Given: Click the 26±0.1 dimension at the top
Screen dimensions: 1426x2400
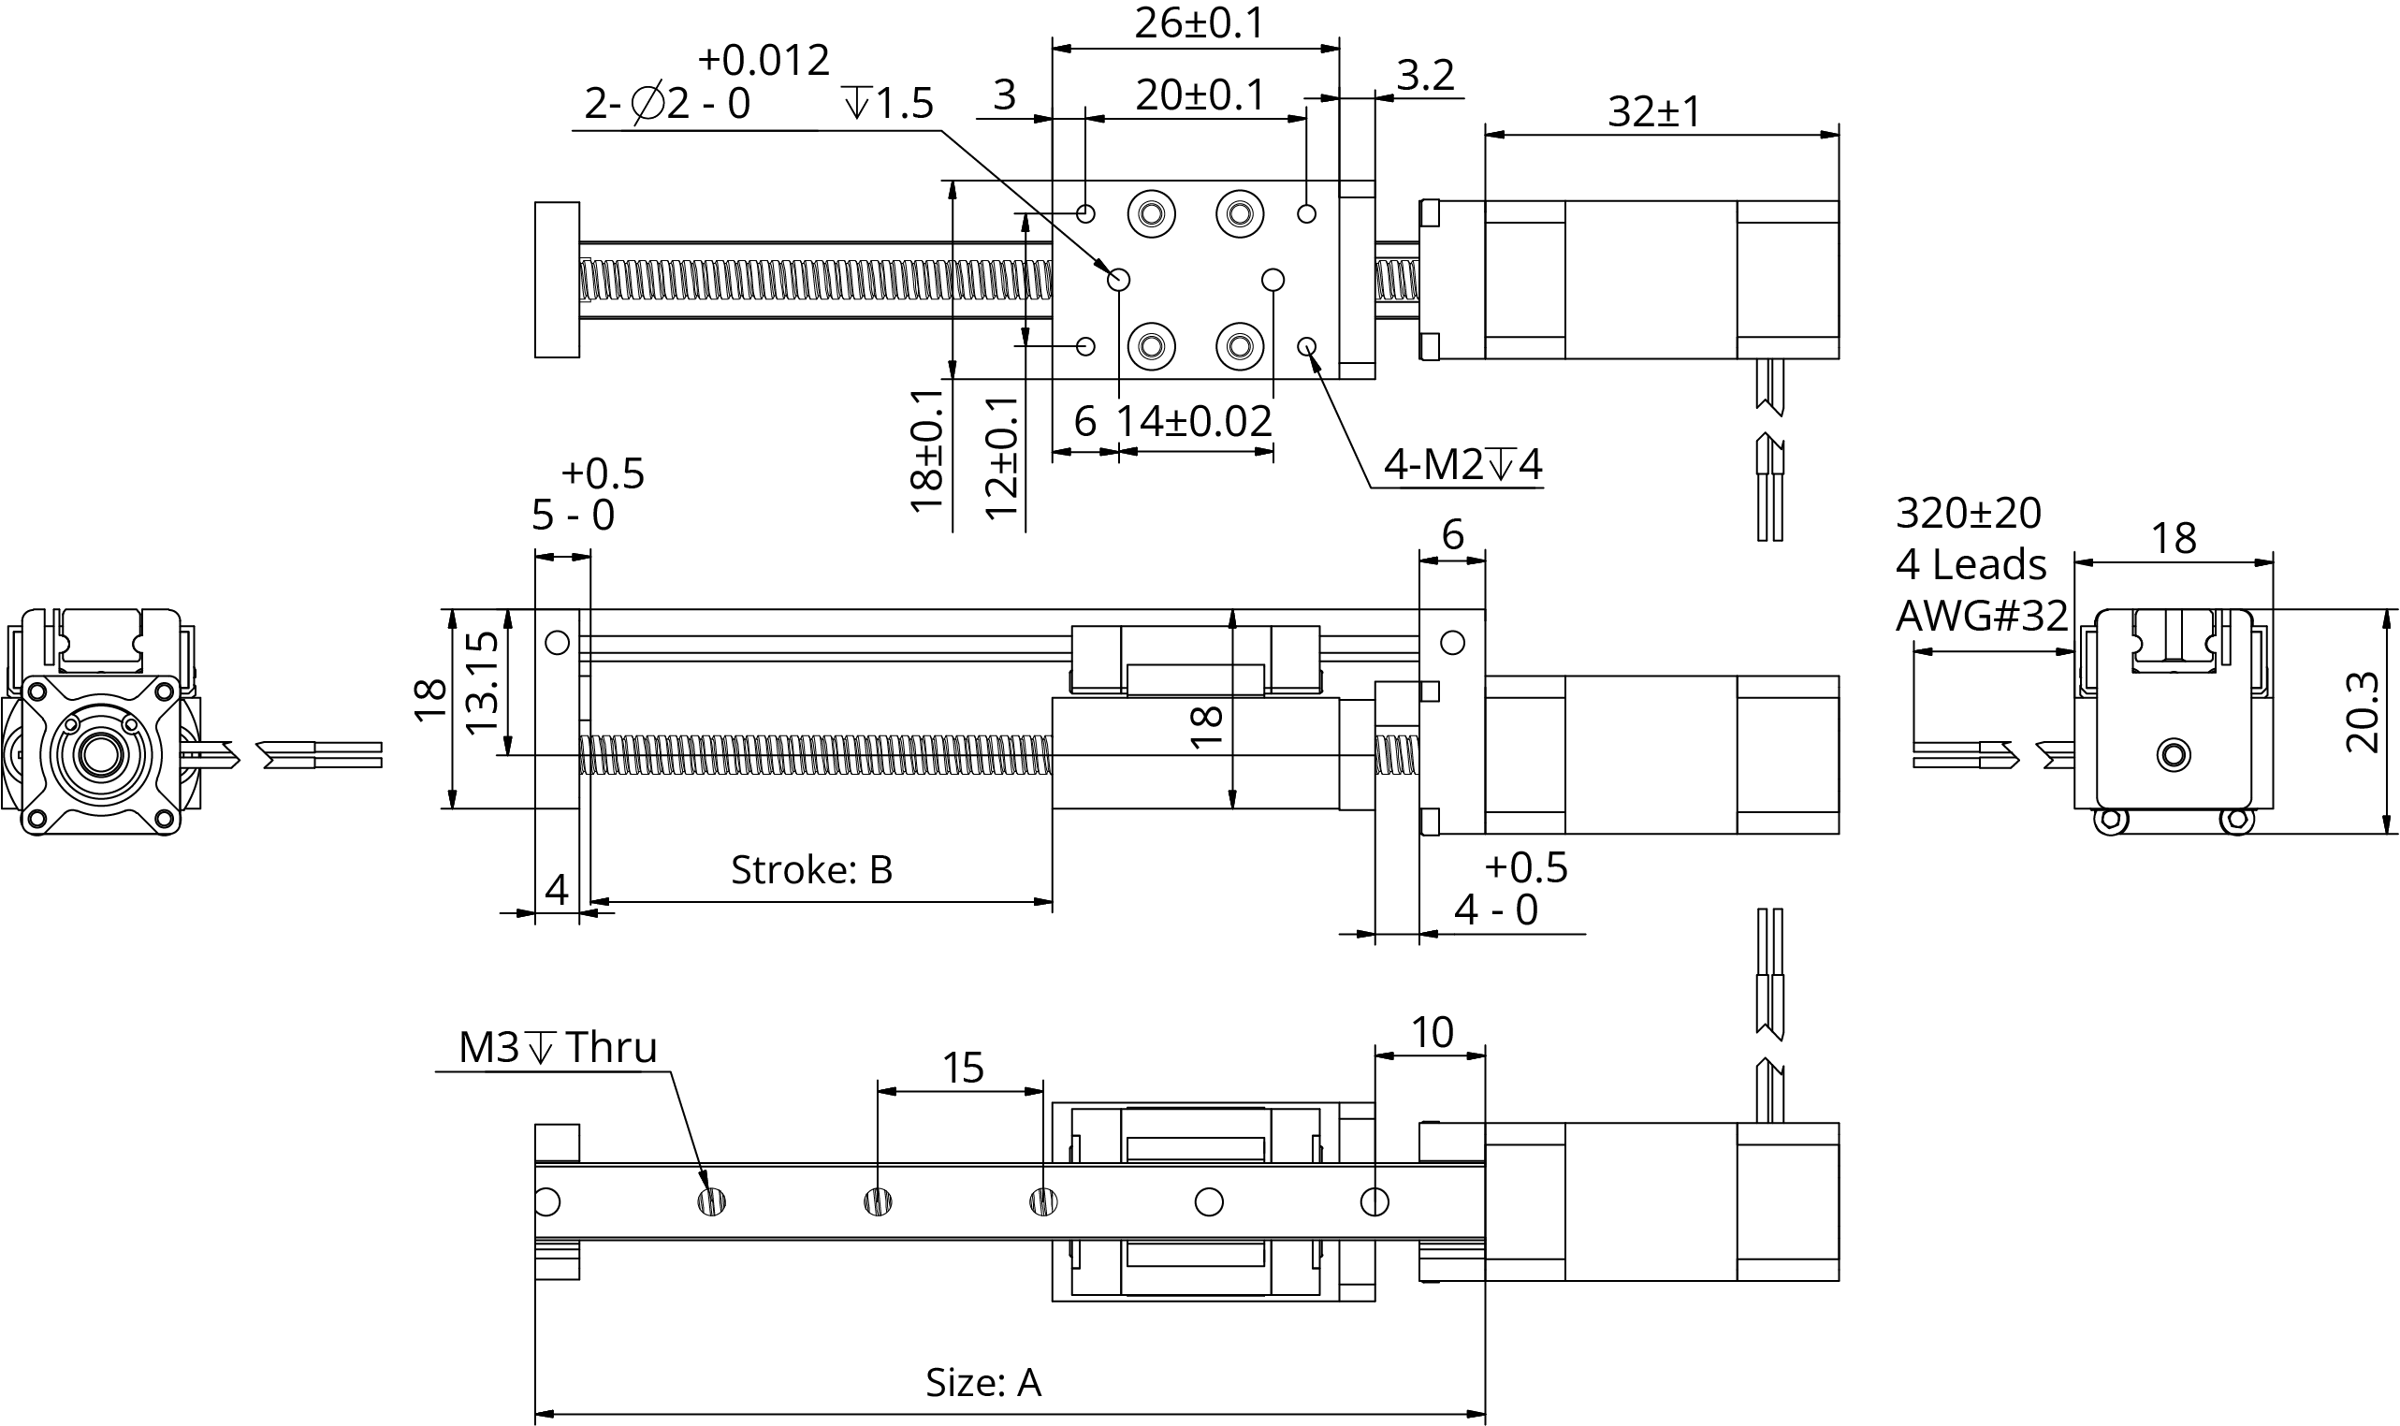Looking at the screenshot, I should click(x=1199, y=24).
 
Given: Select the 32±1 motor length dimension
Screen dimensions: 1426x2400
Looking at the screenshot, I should click(x=1653, y=112).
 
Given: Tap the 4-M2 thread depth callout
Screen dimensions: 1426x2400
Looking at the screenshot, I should click(x=1462, y=465).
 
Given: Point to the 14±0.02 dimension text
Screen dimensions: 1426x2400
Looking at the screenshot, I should click(x=1193, y=422).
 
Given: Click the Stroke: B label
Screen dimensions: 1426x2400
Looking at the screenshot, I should click(x=811, y=869).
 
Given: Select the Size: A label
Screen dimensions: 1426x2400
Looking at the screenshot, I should click(x=982, y=1383).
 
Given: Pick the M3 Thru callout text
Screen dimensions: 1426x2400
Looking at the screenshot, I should click(x=558, y=1047).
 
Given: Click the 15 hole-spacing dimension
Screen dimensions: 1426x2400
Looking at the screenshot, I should click(x=963, y=1069).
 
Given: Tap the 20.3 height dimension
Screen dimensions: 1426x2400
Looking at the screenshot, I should click(x=2362, y=712).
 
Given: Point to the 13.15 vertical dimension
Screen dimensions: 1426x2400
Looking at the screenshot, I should click(x=481, y=681).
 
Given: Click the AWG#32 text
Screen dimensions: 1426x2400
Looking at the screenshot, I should click(x=1981, y=616).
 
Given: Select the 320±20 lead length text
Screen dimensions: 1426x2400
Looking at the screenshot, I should click(x=1968, y=513).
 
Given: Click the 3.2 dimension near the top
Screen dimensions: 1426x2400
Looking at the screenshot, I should click(x=1425, y=75).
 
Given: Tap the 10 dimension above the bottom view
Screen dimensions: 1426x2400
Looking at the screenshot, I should click(x=1432, y=1033).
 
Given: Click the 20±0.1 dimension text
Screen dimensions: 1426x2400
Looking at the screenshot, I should click(x=1200, y=95).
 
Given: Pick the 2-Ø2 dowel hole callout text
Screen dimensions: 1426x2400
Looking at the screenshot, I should click(x=668, y=103).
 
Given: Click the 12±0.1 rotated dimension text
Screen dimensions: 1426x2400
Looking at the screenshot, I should click(x=1001, y=458).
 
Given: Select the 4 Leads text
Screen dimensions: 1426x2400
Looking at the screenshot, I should click(x=1971, y=565).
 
